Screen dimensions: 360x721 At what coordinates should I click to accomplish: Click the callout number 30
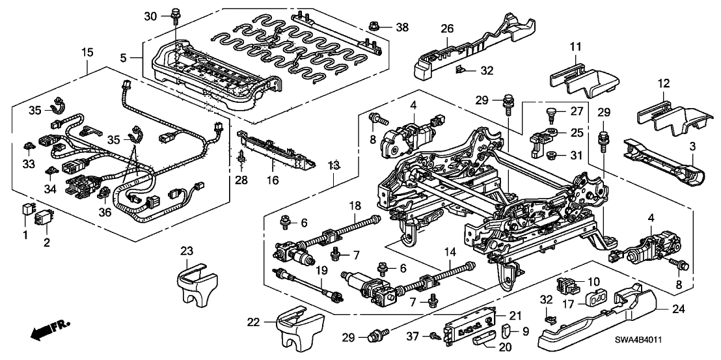(x=150, y=16)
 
